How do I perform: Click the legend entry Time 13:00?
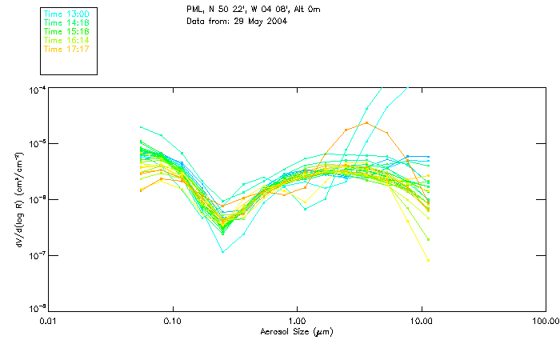click(x=66, y=14)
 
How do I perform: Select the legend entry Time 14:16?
click(x=66, y=23)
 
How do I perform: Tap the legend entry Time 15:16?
click(x=66, y=32)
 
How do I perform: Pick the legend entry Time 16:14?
click(x=66, y=40)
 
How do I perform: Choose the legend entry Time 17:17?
click(x=66, y=49)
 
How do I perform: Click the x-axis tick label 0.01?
click(x=49, y=322)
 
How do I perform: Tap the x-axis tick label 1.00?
click(x=298, y=322)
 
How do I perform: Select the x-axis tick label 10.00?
click(x=422, y=322)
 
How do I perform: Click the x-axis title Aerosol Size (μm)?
click(x=296, y=331)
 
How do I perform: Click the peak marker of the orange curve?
click(x=366, y=122)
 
